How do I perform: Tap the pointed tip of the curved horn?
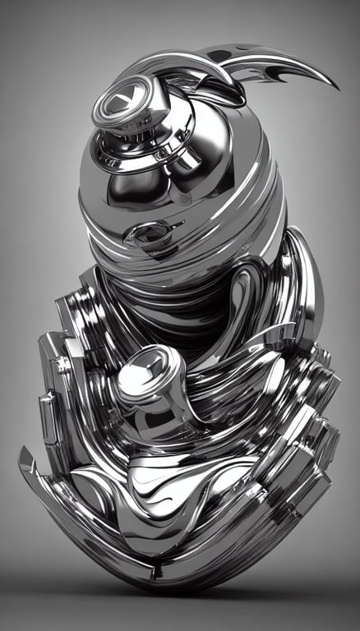click(x=336, y=87)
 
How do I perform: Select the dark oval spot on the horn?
click(x=220, y=56)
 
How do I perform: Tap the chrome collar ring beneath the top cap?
click(x=136, y=148)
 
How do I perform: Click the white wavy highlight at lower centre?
click(x=164, y=493)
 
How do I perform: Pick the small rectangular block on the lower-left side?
click(x=49, y=407)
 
